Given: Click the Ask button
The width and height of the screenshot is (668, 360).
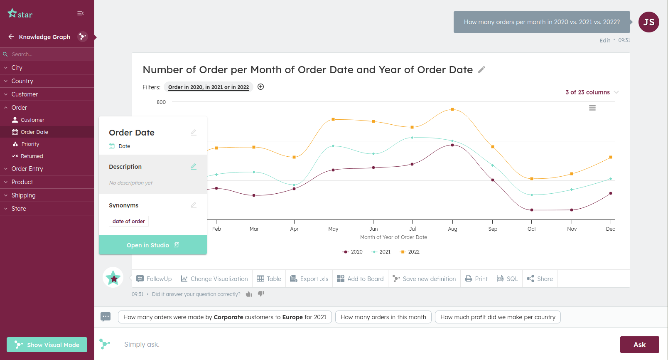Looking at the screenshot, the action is [639, 345].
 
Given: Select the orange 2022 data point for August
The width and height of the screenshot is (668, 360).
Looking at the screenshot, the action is [452, 110].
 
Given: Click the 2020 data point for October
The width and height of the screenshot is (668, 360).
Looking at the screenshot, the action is [532, 210].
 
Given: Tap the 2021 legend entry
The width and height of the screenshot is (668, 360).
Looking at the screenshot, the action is [381, 252].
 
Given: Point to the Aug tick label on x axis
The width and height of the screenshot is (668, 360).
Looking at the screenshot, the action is [452, 229].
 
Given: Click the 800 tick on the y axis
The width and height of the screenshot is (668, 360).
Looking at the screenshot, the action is [161, 102].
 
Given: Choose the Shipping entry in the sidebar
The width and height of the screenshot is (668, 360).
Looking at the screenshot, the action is [23, 195].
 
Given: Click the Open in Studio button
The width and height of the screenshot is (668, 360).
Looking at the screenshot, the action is [153, 245].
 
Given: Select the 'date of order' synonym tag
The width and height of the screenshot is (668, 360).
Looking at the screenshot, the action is [128, 221].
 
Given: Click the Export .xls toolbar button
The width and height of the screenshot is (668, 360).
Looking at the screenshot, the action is [309, 279].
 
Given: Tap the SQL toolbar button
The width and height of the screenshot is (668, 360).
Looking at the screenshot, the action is [507, 279].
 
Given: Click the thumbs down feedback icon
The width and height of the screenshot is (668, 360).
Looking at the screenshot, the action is [261, 294].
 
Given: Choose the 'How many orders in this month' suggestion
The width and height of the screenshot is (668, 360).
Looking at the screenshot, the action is [383, 317].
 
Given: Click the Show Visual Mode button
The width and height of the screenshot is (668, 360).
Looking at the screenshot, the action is [47, 345].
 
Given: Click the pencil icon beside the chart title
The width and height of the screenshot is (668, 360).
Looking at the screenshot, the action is [481, 70].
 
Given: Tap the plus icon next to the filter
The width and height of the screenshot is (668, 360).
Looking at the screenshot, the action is [260, 87].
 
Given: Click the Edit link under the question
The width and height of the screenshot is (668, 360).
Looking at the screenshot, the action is [604, 41].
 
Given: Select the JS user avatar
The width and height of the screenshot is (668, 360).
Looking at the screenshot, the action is [648, 22].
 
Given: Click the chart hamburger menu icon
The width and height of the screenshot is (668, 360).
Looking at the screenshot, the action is [592, 108].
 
